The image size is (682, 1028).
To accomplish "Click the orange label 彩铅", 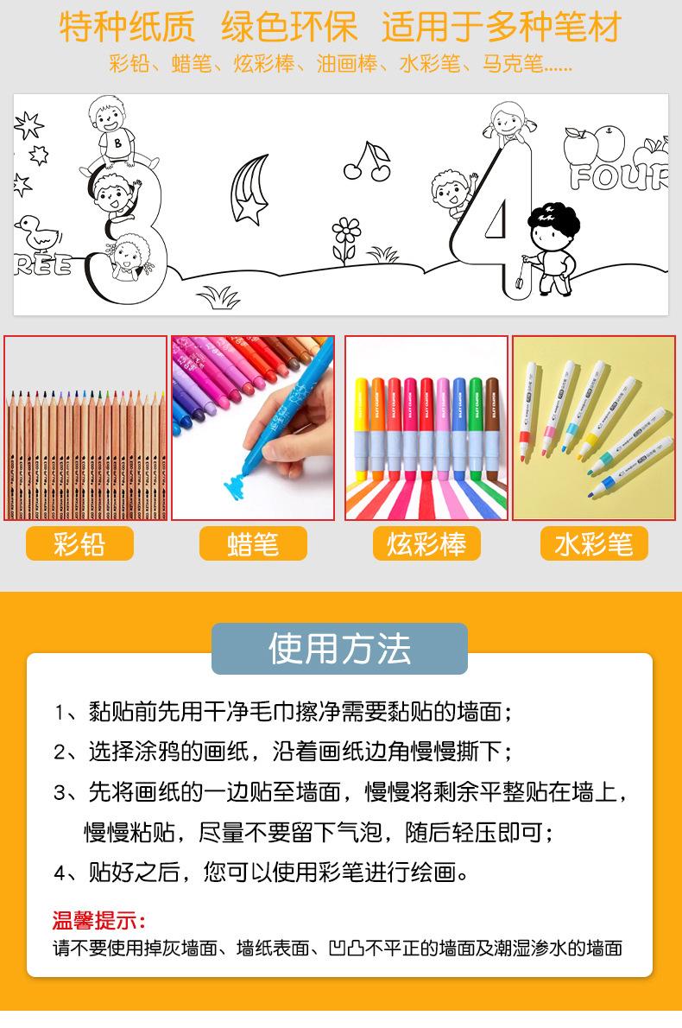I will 79,544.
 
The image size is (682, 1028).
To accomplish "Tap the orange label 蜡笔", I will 253,544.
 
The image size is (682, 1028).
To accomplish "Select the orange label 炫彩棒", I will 426,544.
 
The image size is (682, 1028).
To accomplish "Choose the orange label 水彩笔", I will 594,544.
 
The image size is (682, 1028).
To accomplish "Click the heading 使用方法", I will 339,649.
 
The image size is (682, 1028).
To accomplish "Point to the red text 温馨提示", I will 99,920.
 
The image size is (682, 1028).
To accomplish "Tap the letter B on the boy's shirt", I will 117,143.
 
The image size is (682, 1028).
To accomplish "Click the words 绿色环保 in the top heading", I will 288,29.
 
